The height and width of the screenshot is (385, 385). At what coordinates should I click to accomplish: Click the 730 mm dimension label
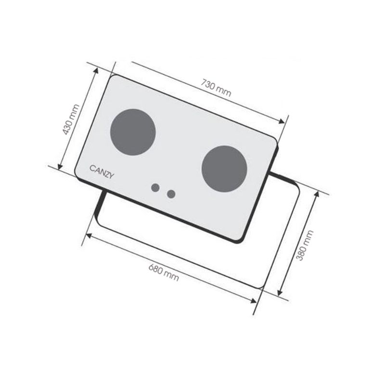tap(216, 88)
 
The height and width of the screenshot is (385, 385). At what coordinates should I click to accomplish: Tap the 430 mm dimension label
tap(71, 119)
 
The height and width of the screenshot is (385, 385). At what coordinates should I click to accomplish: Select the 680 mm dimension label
tap(164, 272)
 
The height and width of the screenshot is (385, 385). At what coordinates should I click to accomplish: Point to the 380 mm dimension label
tap(305, 245)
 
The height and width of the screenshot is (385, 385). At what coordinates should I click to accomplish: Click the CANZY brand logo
tap(102, 172)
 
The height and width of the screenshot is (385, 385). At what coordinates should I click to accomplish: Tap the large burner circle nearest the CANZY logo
tap(133, 132)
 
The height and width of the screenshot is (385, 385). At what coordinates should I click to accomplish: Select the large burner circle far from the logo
tap(224, 169)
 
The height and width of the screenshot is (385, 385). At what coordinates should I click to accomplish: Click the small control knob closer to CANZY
tap(155, 188)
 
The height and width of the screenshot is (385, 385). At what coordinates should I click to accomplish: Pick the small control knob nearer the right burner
tap(171, 194)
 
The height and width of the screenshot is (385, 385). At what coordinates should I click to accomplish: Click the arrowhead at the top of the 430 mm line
tap(96, 70)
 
